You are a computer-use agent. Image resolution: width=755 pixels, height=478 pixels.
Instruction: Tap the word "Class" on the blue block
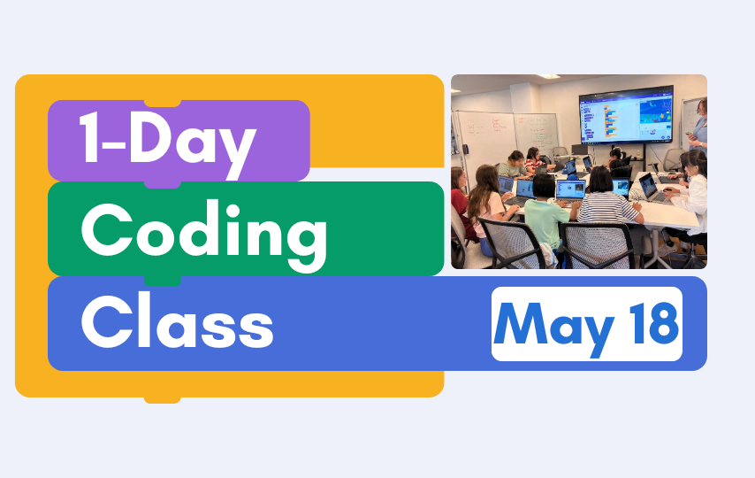[177, 320]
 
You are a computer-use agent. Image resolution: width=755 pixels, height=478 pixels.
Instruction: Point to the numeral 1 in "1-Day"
[89, 138]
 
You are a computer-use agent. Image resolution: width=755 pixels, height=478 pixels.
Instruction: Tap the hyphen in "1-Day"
[114, 143]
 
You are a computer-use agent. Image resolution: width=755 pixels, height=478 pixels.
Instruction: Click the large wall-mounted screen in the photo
[626, 115]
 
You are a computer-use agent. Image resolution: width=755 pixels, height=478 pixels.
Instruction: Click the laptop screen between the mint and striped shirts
[570, 190]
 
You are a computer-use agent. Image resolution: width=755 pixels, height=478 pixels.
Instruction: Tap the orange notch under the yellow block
[163, 400]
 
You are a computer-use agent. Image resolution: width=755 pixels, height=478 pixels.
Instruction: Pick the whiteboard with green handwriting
[537, 133]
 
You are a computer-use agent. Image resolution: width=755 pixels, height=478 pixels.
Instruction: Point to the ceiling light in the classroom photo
[547, 77]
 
